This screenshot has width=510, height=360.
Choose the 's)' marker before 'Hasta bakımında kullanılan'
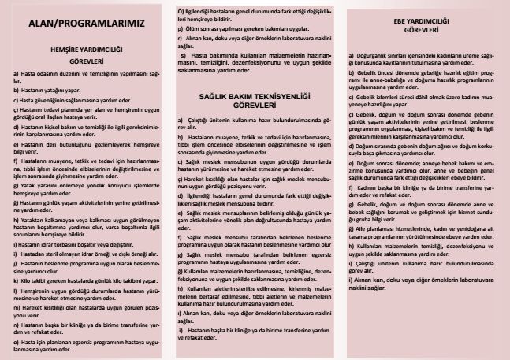[x=184, y=56]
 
